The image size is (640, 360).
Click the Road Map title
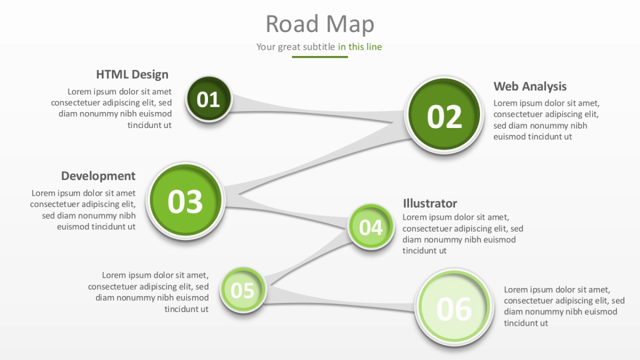pyautogui.click(x=320, y=24)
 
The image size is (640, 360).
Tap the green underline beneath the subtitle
pyautogui.click(x=319, y=57)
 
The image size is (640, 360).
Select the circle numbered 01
pyautogui.click(x=209, y=99)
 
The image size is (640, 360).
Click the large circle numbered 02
pyautogui.click(x=444, y=116)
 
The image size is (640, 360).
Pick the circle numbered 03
pyautogui.click(x=185, y=201)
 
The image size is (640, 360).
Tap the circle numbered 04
pyautogui.click(x=371, y=227)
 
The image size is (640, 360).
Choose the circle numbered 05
pyautogui.click(x=243, y=290)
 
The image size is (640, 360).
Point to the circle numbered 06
pyautogui.click(x=454, y=308)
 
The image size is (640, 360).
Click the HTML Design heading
pyautogui.click(x=132, y=75)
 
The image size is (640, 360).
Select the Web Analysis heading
pyautogui.click(x=530, y=86)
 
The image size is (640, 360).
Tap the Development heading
pyautogui.click(x=98, y=176)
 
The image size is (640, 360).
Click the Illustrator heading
pyautogui.click(x=430, y=203)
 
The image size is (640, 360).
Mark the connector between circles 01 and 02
pyautogui.click(x=315, y=109)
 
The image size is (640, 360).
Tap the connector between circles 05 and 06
pyautogui.click(x=341, y=305)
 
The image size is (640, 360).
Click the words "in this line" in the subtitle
pyautogui.click(x=360, y=47)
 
